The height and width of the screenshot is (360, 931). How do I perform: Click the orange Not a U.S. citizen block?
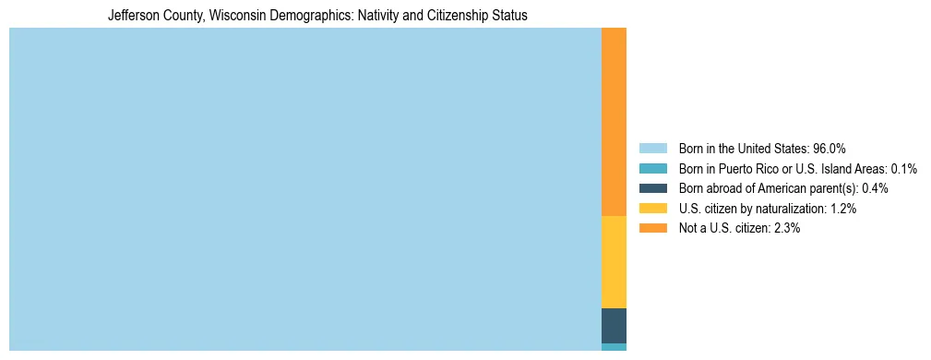coord(614,122)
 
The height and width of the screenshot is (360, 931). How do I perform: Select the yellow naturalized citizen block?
coord(614,262)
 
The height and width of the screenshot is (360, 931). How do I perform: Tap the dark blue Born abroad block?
coord(614,326)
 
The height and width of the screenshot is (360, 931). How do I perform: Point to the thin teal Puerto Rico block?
coord(614,347)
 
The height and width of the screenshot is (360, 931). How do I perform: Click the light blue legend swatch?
coord(652,149)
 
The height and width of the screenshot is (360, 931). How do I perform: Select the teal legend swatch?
coord(652,169)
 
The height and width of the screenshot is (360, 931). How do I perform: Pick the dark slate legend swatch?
coord(652,188)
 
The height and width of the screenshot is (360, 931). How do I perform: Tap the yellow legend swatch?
coord(652,209)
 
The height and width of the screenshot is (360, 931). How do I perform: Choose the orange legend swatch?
coord(652,228)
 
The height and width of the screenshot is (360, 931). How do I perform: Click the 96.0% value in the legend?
coord(830,149)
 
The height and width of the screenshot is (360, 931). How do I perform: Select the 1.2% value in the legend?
coord(843,209)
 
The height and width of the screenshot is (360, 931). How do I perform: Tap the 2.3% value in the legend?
coord(787,228)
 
